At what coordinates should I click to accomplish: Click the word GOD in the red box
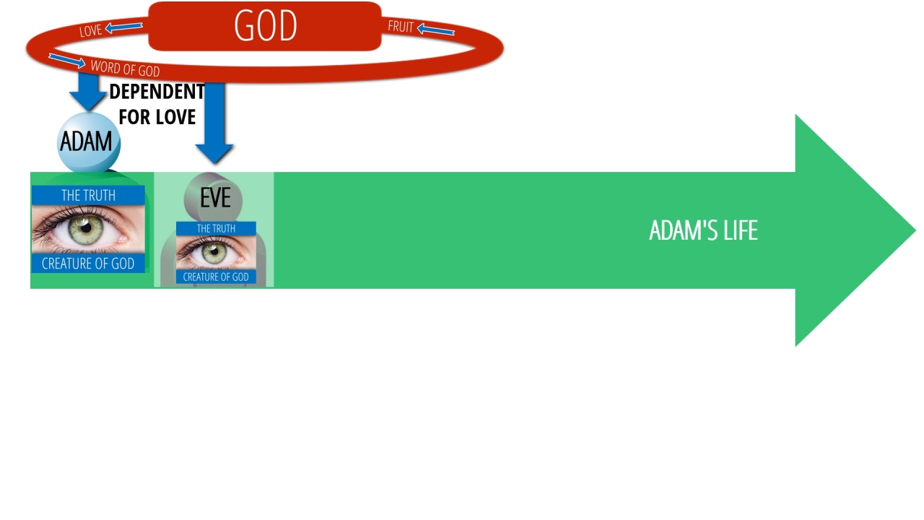[x=266, y=25]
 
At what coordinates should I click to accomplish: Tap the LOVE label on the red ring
[x=90, y=30]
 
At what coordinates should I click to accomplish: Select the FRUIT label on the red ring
[x=401, y=27]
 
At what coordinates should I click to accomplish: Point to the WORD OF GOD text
[x=125, y=68]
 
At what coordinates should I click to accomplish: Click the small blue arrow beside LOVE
[x=123, y=27]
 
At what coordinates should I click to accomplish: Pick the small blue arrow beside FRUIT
[x=435, y=30]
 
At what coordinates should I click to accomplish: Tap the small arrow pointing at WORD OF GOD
[x=67, y=61]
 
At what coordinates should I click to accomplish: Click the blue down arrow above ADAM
[x=88, y=92]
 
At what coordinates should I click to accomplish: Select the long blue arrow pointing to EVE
[x=214, y=123]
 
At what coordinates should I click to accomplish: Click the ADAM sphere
[x=88, y=142]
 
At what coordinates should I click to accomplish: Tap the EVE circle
[x=213, y=198]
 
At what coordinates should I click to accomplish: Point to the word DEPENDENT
[x=157, y=92]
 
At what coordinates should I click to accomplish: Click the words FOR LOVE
[x=157, y=117]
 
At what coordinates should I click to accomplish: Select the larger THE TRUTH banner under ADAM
[x=88, y=195]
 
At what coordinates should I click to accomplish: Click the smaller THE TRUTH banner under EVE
[x=216, y=228]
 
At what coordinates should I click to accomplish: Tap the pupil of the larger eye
[x=86, y=227]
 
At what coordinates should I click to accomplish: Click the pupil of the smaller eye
[x=214, y=251]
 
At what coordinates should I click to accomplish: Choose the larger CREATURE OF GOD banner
[x=88, y=264]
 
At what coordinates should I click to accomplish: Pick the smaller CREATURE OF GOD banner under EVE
[x=216, y=277]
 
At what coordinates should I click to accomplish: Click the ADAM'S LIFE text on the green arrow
[x=703, y=230]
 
